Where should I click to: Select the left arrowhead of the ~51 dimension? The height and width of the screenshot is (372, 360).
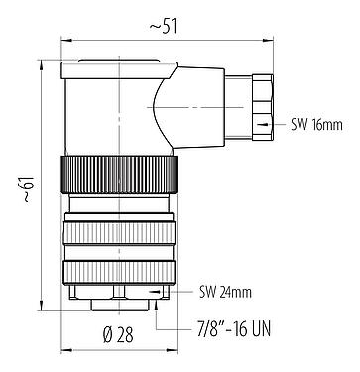[65, 41]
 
